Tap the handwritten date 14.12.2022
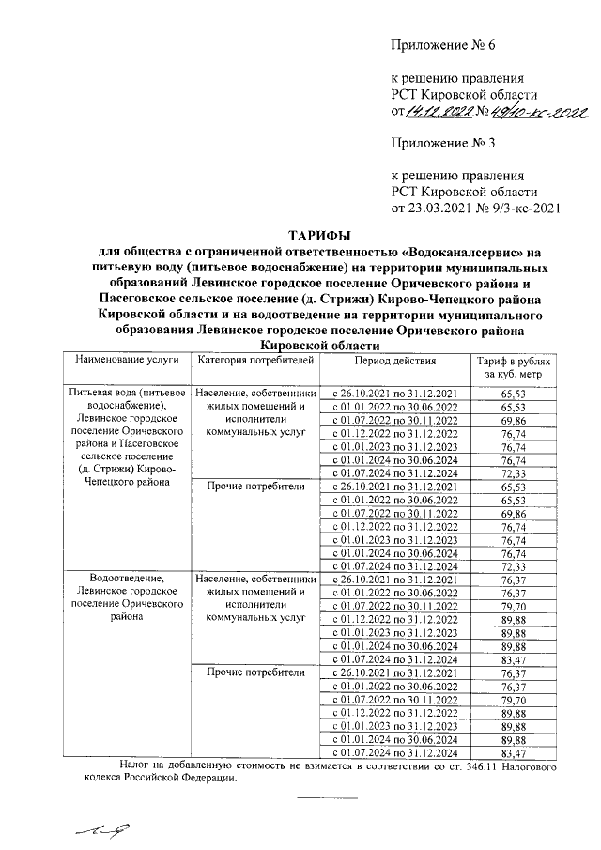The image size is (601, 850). pos(439,113)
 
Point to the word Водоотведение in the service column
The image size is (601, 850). pos(127,578)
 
